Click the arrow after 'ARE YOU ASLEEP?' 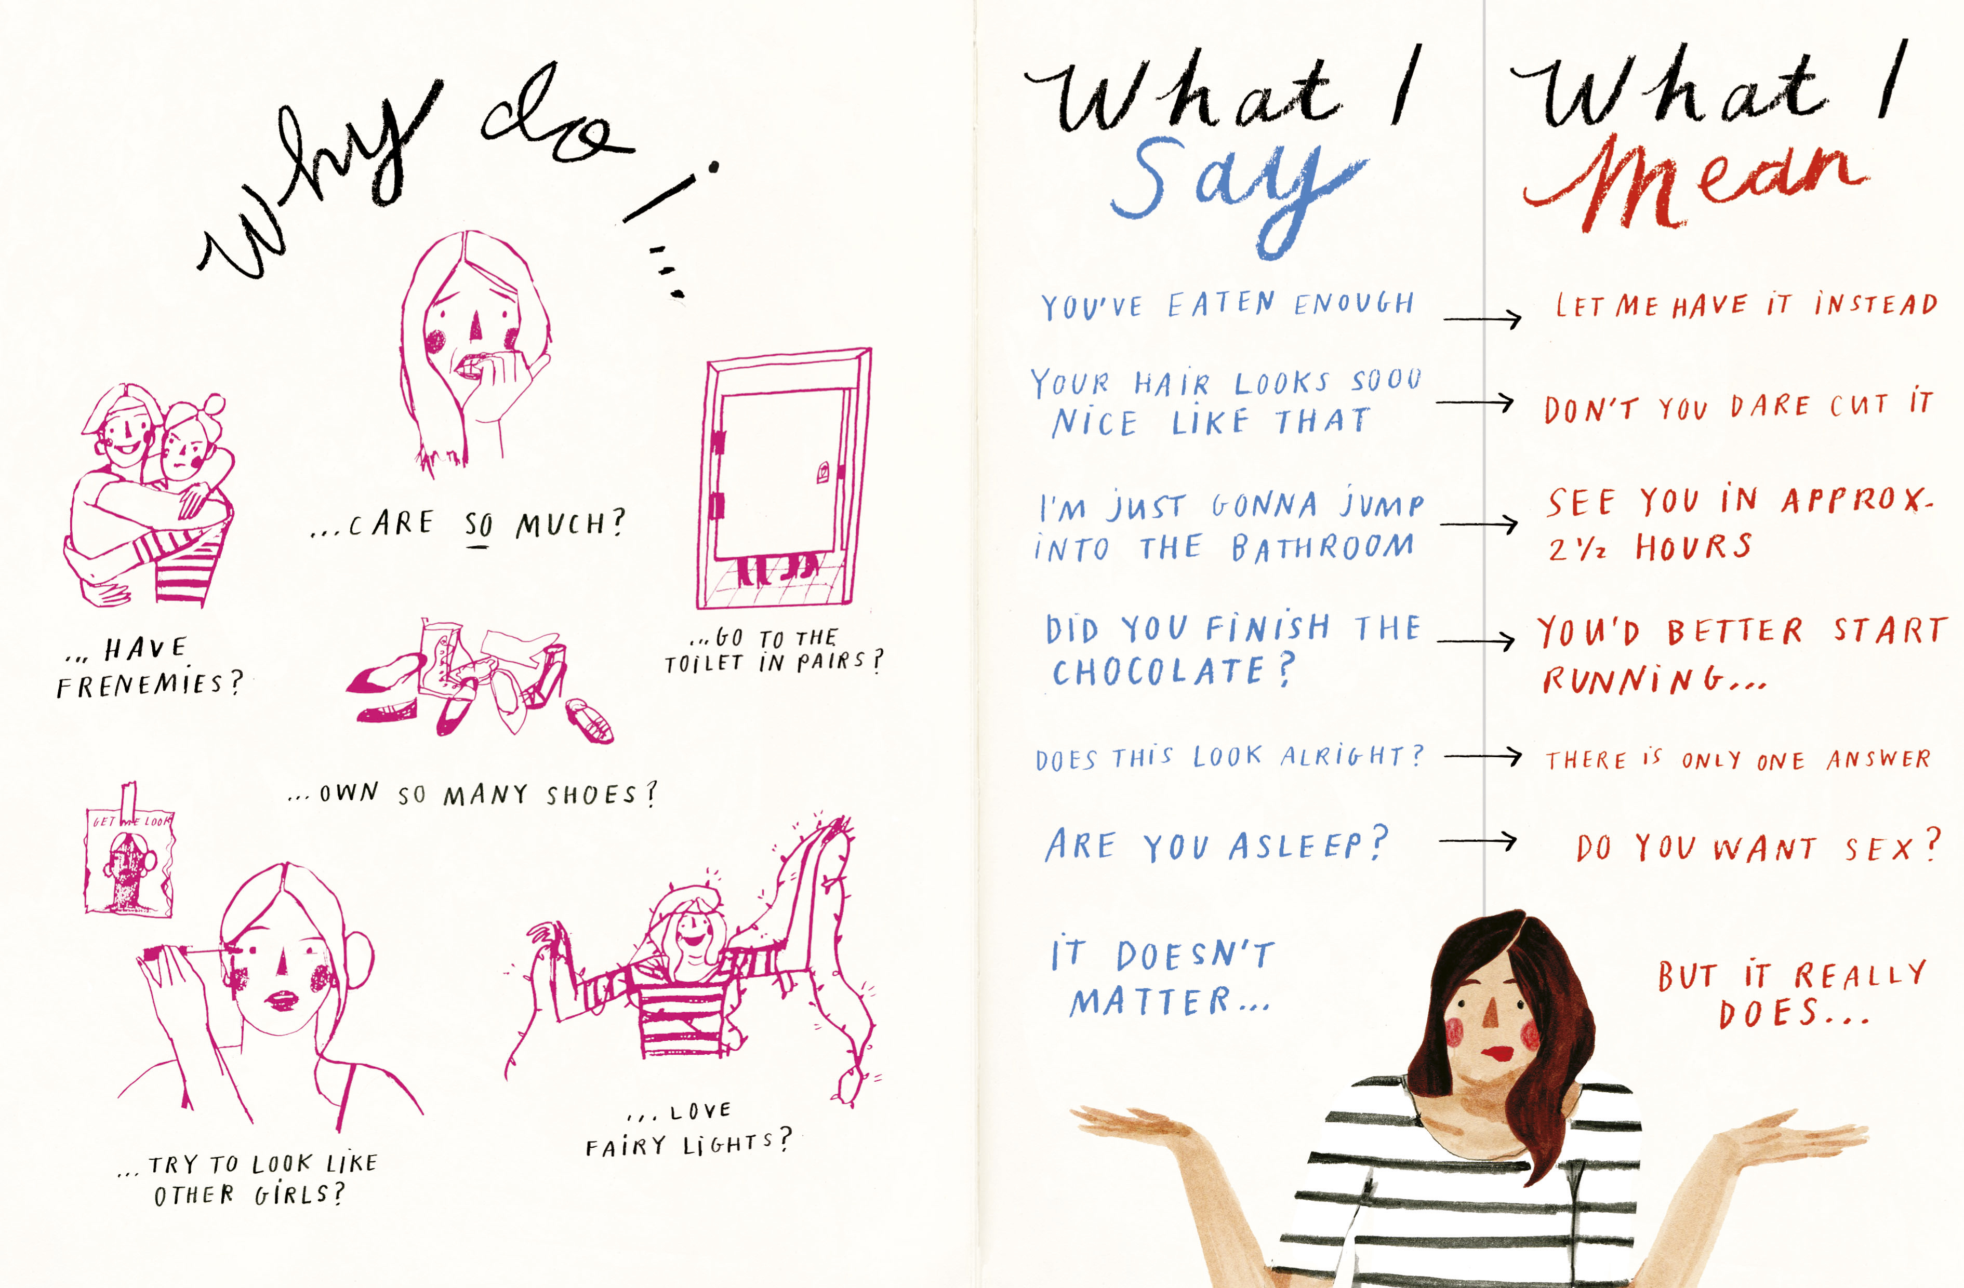(x=1477, y=841)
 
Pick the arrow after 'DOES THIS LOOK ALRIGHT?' (x=1483, y=755)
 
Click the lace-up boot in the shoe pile (x=442, y=656)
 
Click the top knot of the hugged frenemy (x=214, y=405)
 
